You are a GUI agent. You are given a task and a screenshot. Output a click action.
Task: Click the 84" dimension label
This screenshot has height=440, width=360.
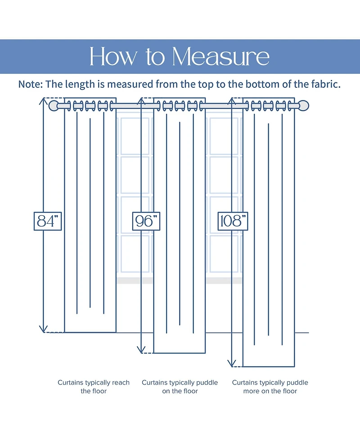(x=48, y=221)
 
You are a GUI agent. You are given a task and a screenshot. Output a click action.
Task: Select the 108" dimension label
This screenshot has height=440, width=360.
(x=233, y=221)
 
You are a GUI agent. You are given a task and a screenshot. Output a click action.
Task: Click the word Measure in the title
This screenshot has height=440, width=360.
(x=220, y=57)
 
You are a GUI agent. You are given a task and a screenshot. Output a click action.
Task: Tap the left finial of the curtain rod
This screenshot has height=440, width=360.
(x=53, y=106)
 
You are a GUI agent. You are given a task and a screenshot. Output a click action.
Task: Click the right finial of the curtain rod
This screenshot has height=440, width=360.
(x=306, y=106)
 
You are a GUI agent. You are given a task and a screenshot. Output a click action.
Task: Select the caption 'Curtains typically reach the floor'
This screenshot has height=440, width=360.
(x=94, y=386)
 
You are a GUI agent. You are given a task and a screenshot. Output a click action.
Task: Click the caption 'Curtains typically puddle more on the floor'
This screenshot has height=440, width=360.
(x=270, y=386)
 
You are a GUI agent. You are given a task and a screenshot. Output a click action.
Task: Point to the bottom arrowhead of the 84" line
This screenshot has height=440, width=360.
(x=44, y=330)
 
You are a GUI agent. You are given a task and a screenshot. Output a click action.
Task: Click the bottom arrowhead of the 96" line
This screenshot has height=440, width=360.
(x=142, y=350)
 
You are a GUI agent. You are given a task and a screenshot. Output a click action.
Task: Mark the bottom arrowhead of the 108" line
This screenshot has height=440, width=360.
(x=232, y=364)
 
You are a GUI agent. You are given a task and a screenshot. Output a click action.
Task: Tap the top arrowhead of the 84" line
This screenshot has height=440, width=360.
(x=44, y=101)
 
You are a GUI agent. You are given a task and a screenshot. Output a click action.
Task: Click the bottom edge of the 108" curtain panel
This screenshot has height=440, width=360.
(x=269, y=367)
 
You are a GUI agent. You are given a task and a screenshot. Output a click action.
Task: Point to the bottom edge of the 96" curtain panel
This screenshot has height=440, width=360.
(x=180, y=353)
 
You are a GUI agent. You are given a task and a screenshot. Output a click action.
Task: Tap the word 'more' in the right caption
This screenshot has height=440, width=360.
(x=251, y=391)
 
